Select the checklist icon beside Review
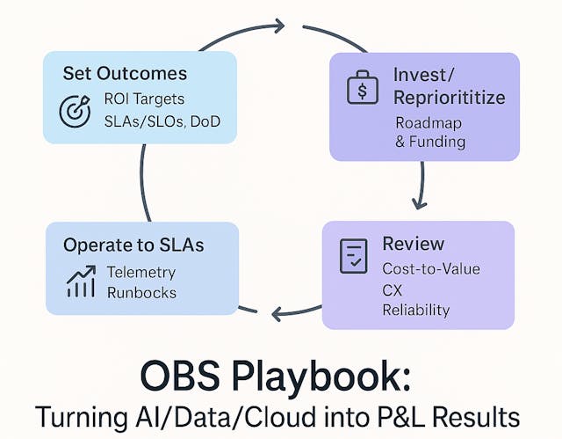coord(352,255)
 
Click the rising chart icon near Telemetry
coord(80,282)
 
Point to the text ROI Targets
coord(145,99)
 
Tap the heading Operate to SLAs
coord(133,245)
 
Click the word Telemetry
coord(141,272)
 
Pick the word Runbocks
coord(141,293)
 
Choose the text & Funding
coord(430,141)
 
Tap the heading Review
coord(413,244)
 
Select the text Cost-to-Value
coord(430,268)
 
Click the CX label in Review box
coord(392,289)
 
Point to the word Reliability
coord(415,310)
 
